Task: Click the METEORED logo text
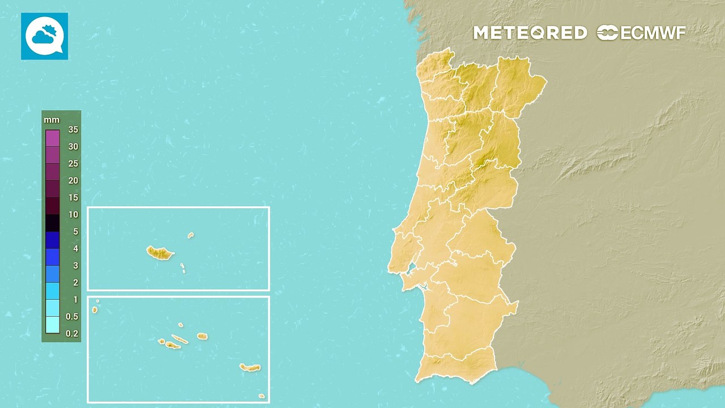click(x=530, y=33)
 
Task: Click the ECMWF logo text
click(x=653, y=33)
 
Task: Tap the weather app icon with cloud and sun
click(x=44, y=36)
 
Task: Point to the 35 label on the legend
click(x=73, y=129)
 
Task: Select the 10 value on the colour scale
click(x=73, y=214)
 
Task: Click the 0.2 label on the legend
click(x=72, y=333)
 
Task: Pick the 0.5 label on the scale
click(x=72, y=316)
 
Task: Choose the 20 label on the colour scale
click(x=73, y=180)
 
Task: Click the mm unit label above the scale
click(x=52, y=120)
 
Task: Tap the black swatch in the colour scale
click(x=53, y=223)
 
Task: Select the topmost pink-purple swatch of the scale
click(x=53, y=138)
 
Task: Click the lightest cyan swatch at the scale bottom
click(x=53, y=325)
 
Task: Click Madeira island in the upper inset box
click(x=160, y=253)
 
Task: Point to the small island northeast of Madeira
click(x=191, y=235)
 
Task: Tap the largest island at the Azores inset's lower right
click(x=250, y=368)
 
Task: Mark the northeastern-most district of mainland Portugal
click(x=518, y=85)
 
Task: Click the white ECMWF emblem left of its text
click(x=607, y=33)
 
